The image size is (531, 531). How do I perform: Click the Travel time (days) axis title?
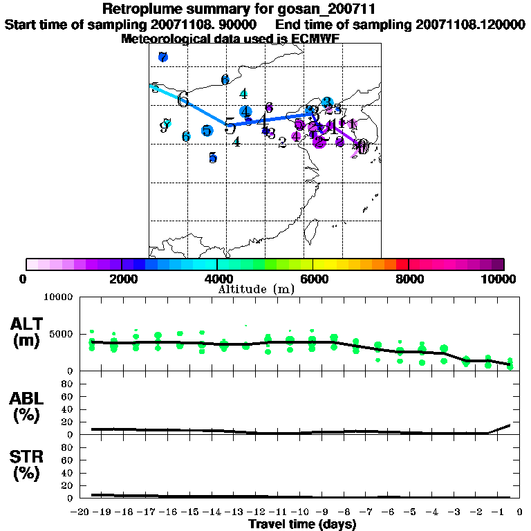[x=302, y=524]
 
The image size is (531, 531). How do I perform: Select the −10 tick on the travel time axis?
[x=300, y=512]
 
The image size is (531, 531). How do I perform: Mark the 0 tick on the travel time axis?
[x=519, y=512]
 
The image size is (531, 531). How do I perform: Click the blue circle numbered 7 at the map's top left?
[x=162, y=57]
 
